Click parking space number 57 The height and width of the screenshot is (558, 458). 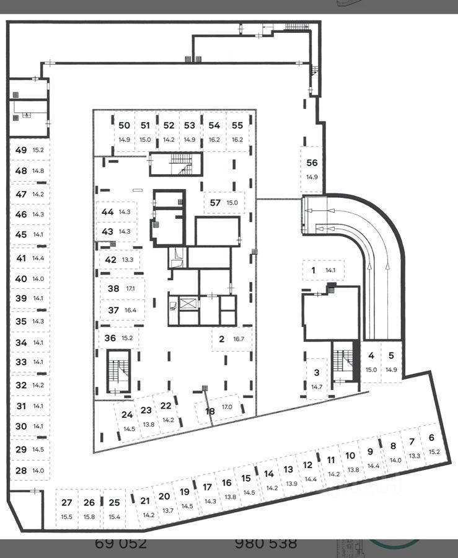[215, 203]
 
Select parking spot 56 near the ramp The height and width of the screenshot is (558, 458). [312, 163]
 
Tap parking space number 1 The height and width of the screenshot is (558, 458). [314, 270]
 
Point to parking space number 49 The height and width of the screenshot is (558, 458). [21, 150]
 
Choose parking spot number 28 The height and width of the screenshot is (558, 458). [21, 471]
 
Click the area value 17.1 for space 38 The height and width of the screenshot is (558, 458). [130, 289]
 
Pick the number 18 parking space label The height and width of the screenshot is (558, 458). [210, 411]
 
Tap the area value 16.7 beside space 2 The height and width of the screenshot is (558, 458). [237, 339]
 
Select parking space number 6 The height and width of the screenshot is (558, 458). [431, 437]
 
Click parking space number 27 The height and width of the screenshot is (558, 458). [67, 503]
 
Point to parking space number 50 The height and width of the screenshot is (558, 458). [124, 125]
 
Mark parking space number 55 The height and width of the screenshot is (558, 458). [237, 125]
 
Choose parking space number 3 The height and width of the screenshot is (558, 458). [317, 373]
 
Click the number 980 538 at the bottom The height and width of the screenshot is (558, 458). [266, 544]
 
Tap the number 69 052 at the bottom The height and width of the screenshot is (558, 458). [121, 544]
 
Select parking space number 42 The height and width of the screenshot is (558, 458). [110, 260]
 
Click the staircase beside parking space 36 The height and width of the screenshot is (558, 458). [117, 371]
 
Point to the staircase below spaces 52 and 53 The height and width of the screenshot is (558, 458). [176, 164]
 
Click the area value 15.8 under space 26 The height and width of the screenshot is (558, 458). [89, 516]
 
